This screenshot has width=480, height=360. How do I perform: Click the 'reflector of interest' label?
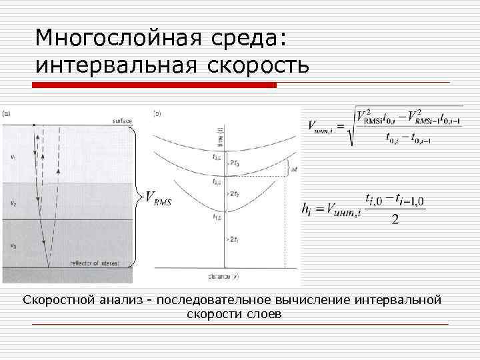click(x=95, y=264)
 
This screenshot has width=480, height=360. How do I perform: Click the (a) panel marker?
click(x=6, y=113)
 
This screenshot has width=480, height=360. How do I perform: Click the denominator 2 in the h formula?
click(x=395, y=219)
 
